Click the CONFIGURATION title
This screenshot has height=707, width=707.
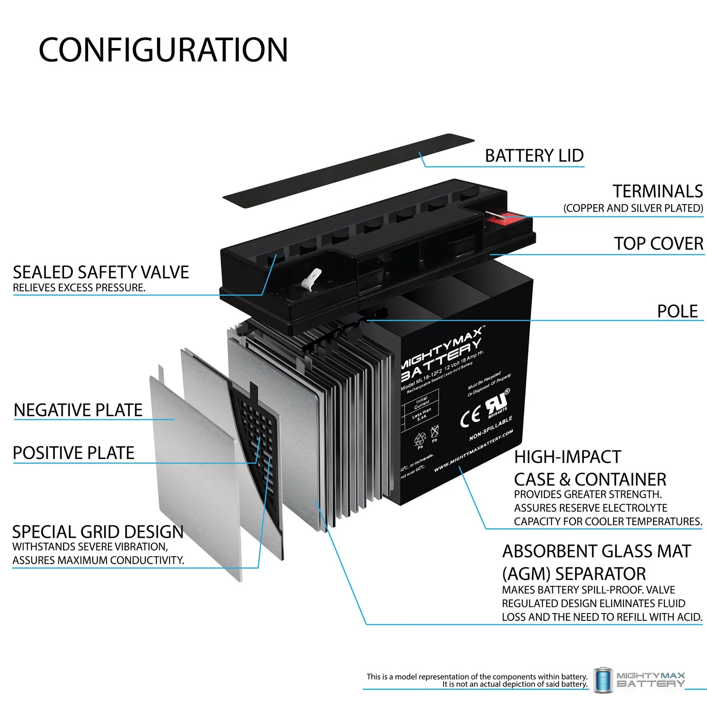pyautogui.click(x=163, y=50)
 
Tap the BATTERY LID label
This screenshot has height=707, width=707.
pyautogui.click(x=534, y=156)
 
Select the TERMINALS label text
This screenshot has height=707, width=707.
pyautogui.click(x=658, y=191)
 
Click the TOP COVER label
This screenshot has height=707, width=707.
pyautogui.click(x=658, y=244)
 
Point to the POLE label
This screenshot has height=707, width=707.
pyautogui.click(x=677, y=311)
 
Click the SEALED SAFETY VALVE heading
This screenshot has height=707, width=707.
pyautogui.click(x=101, y=272)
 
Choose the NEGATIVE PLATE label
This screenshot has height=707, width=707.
pyautogui.click(x=78, y=410)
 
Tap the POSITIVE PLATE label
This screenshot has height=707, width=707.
pyautogui.click(x=74, y=453)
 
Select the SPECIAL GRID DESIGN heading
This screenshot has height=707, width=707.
pyautogui.click(x=98, y=532)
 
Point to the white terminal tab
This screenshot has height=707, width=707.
pyautogui.click(x=312, y=278)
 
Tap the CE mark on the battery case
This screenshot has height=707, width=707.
pyautogui.click(x=470, y=416)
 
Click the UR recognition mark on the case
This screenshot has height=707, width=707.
pyautogui.click(x=496, y=403)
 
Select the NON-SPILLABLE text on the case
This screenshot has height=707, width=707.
pyautogui.click(x=490, y=428)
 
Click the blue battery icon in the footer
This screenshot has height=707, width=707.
pyautogui.click(x=603, y=680)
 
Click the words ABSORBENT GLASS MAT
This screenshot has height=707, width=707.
pyautogui.click(x=596, y=551)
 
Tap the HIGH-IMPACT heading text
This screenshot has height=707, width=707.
pyautogui.click(x=567, y=457)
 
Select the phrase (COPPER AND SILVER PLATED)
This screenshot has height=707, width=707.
pyautogui.click(x=633, y=208)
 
